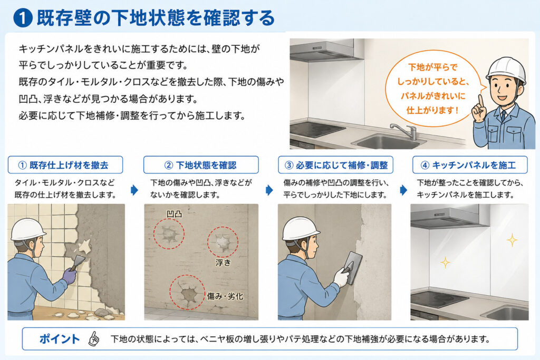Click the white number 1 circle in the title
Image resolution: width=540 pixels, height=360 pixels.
[23, 18]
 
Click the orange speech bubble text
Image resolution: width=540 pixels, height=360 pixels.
[433, 89]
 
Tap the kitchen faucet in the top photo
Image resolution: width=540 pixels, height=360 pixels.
[404, 130]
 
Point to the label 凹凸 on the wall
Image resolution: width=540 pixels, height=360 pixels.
[174, 214]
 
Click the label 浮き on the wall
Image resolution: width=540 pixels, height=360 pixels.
[223, 262]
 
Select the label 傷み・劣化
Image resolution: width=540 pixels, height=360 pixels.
[225, 296]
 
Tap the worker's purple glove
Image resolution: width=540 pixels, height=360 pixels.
[70, 275]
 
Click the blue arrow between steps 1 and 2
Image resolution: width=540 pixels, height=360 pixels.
[134, 190]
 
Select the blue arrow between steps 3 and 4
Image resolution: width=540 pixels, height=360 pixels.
[403, 190]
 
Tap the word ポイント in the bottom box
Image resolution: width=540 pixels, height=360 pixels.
[60, 339]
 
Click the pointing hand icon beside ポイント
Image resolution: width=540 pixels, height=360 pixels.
[94, 339]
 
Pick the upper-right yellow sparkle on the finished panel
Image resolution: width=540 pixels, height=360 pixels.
[512, 240]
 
